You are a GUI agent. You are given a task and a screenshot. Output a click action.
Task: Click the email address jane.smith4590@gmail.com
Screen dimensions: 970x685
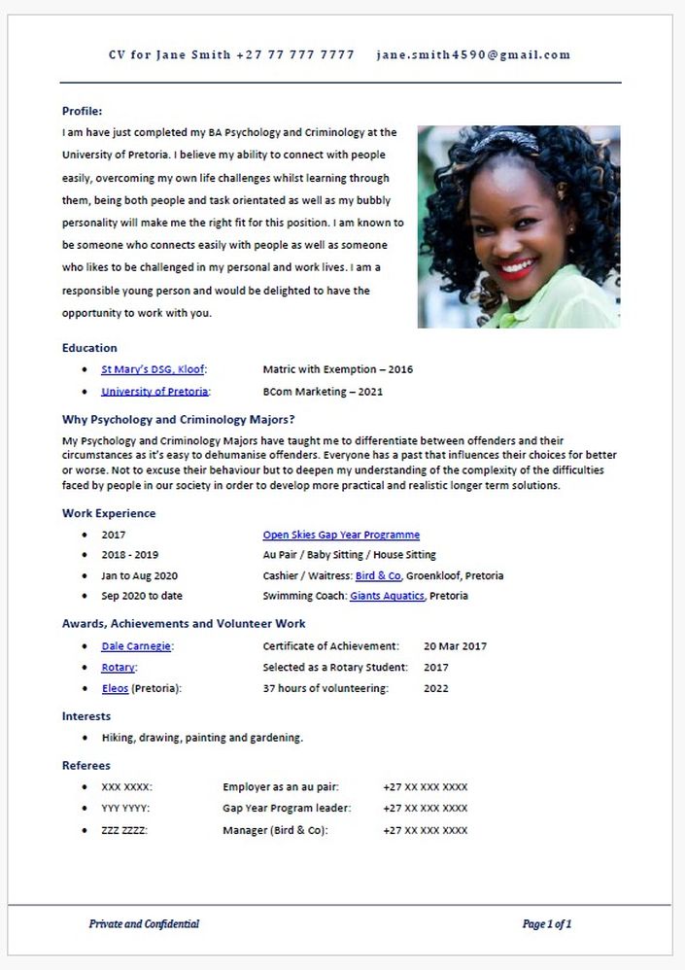pos(473,54)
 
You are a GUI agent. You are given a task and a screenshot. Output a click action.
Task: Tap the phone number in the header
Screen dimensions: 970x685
pos(295,54)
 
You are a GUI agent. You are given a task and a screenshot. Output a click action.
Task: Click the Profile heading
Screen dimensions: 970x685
pos(82,111)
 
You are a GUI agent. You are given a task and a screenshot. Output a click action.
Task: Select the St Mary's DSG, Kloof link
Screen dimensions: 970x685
pos(153,369)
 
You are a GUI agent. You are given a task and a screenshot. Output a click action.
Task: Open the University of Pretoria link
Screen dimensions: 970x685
pos(154,392)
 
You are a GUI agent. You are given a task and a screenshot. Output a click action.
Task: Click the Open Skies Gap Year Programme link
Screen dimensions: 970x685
pos(341,535)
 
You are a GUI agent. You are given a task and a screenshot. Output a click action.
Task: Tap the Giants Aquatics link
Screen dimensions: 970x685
pos(387,596)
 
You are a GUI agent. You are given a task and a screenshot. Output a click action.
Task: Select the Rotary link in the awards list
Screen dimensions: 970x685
pos(118,668)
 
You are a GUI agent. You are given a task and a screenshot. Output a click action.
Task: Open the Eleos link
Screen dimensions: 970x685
pos(115,689)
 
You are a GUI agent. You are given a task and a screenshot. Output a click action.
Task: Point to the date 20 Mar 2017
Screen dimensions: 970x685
pos(455,645)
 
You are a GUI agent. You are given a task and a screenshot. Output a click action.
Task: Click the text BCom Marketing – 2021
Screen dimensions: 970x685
pos(323,392)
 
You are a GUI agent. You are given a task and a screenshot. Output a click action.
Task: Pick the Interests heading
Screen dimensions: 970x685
pos(86,716)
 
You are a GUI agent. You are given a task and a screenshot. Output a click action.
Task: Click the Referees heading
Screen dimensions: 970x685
pos(86,766)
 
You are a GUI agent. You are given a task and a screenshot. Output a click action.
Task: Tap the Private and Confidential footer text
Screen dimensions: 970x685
pos(144,923)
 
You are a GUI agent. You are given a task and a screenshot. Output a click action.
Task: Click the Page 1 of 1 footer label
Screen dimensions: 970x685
pos(546,923)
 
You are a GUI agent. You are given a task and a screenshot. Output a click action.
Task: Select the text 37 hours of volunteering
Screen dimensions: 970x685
pos(325,689)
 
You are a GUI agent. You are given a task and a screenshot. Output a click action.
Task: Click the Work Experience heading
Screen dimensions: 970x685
pos(109,513)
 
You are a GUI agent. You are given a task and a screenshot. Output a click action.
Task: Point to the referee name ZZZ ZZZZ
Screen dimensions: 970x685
pos(123,830)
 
